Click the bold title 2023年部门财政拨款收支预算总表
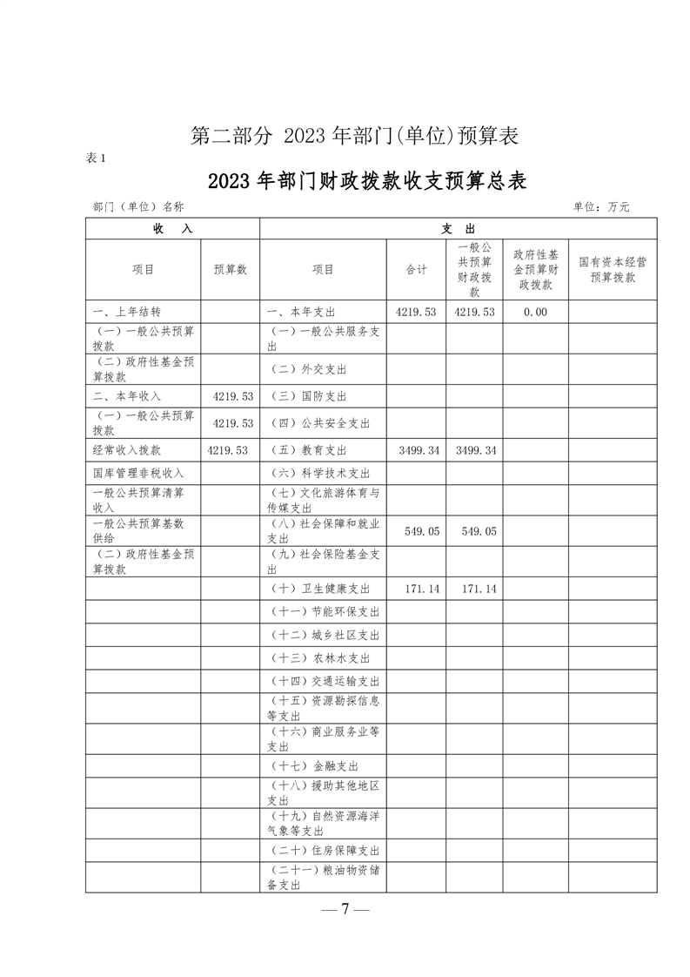point(368,182)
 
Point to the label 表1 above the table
point(96,158)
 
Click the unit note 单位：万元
point(600,207)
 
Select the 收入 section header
point(171,228)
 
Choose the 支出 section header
point(458,228)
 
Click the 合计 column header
point(416,270)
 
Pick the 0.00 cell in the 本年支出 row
point(535,312)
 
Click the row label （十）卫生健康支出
point(321,590)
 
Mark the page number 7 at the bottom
point(345,909)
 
